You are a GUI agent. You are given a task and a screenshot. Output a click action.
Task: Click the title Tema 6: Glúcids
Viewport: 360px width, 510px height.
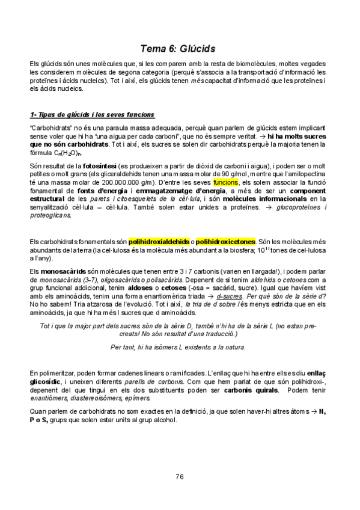[180, 46]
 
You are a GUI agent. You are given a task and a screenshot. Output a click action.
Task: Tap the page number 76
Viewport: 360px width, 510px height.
[180, 478]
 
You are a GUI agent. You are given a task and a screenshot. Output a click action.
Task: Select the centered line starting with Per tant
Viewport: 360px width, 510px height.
[178, 347]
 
